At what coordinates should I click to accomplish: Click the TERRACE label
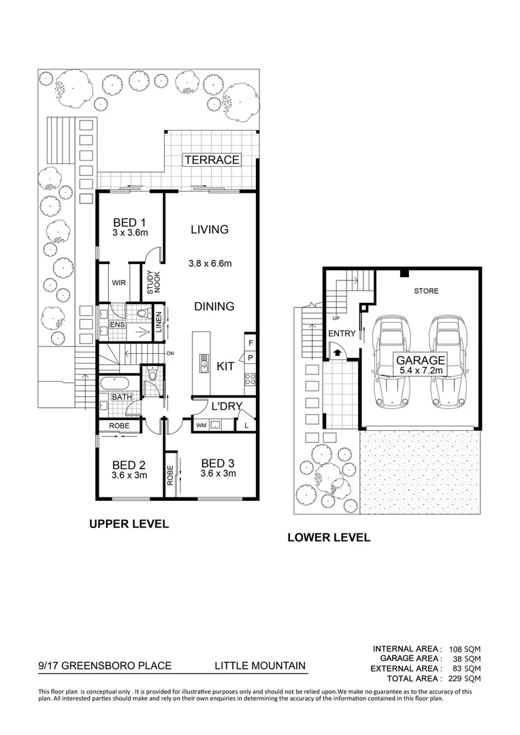coord(212,160)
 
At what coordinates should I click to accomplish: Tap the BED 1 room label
coord(129,223)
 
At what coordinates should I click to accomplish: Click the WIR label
coord(118,282)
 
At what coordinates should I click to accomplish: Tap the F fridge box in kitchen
coord(250,343)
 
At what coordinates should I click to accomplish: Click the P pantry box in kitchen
coord(250,357)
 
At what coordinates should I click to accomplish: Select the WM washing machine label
coord(201,425)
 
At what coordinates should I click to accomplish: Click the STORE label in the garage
coord(427,291)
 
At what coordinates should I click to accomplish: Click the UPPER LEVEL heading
coord(129,525)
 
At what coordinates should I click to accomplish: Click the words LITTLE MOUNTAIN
coord(260,666)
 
